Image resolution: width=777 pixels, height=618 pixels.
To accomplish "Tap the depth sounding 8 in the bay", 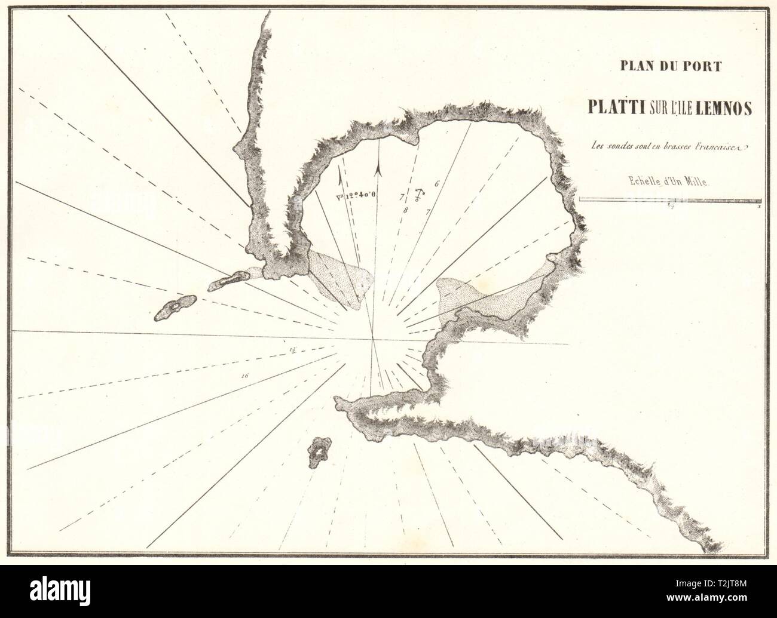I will pos(406,210).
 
